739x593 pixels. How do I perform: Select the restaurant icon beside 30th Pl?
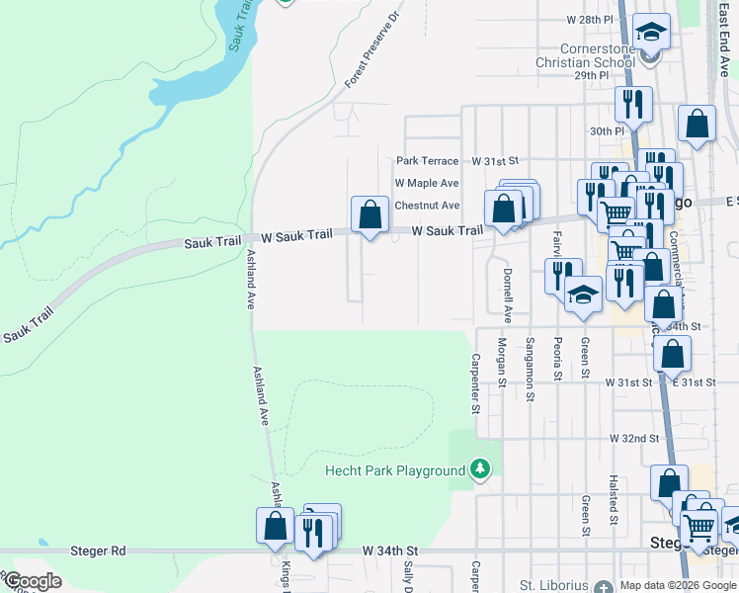(x=629, y=104)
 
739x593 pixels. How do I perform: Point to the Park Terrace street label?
(x=427, y=160)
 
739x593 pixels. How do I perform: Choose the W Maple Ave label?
(x=427, y=183)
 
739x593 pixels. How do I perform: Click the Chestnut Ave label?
(x=427, y=206)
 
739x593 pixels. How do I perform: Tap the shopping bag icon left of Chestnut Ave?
(x=369, y=214)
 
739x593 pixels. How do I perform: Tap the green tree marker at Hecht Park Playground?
(x=480, y=468)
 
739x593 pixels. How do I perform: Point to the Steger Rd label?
(x=98, y=550)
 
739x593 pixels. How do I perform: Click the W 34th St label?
(x=390, y=550)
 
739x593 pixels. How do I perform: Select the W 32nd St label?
(x=633, y=437)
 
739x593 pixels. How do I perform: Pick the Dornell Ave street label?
(x=508, y=295)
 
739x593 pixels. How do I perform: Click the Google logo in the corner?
(x=34, y=581)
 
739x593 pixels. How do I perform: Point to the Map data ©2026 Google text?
(x=677, y=585)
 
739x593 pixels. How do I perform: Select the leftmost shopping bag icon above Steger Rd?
(x=275, y=527)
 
